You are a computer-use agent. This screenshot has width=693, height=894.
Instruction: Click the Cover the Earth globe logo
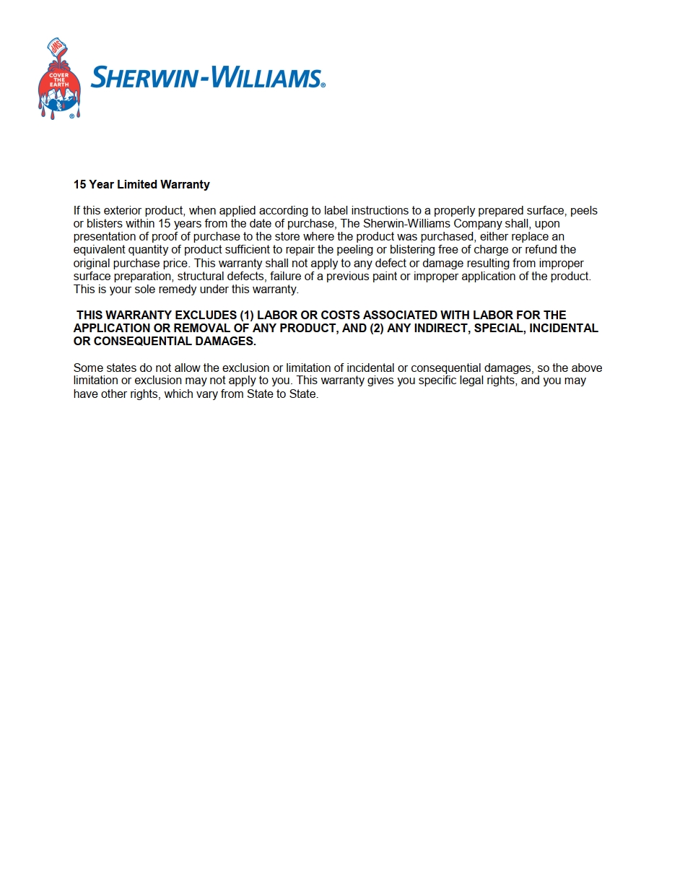58,90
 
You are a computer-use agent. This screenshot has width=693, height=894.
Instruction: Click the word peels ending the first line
583,211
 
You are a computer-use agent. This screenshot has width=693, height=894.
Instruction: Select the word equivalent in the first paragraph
98,250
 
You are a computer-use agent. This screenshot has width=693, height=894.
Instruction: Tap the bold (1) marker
246,315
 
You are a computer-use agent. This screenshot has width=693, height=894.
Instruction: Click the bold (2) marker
376,328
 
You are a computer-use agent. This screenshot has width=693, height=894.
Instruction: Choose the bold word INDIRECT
440,328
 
